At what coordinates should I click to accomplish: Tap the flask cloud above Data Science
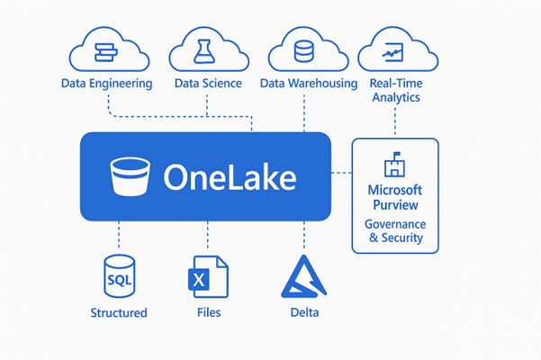(x=206, y=50)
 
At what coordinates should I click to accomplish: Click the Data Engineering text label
(x=106, y=84)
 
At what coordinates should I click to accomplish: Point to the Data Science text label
(x=207, y=84)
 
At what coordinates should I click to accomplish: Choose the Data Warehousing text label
(x=309, y=84)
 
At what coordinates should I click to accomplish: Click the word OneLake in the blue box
(x=230, y=177)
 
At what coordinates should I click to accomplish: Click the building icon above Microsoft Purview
(x=394, y=166)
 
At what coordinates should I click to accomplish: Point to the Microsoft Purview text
(x=395, y=197)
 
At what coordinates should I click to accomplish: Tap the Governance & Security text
(x=395, y=231)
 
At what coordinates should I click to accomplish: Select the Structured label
(x=119, y=313)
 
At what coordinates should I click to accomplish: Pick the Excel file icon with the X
(x=208, y=276)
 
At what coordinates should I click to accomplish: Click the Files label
(x=208, y=313)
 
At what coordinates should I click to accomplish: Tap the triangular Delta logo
(x=304, y=276)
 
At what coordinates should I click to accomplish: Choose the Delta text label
(x=304, y=313)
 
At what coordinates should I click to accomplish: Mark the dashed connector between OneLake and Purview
(x=341, y=171)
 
